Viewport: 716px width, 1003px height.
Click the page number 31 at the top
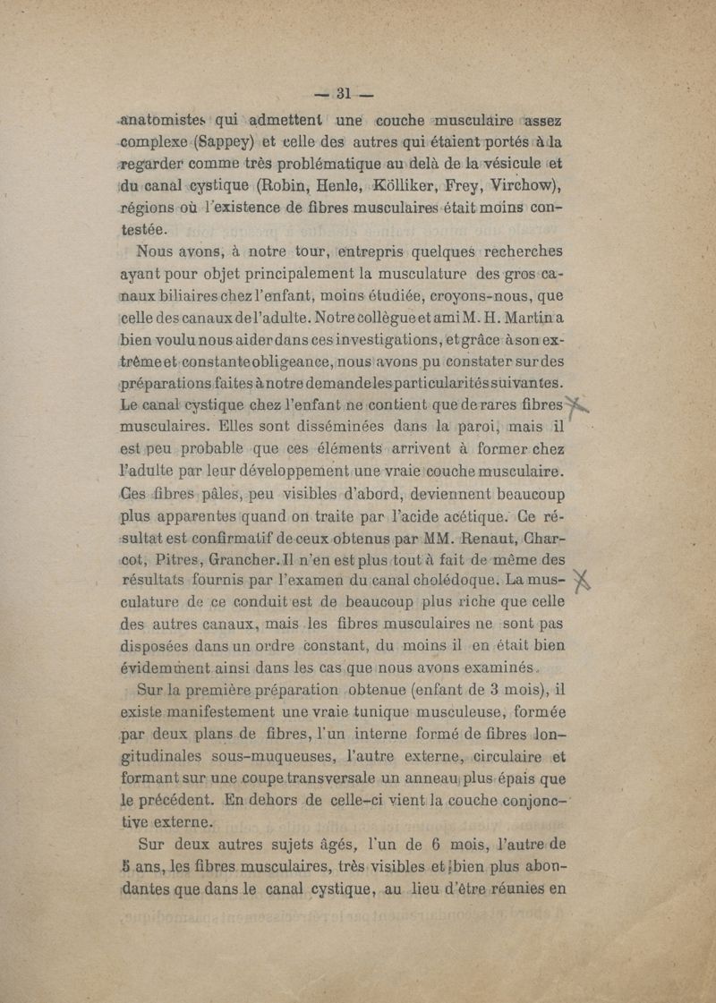(346, 91)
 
